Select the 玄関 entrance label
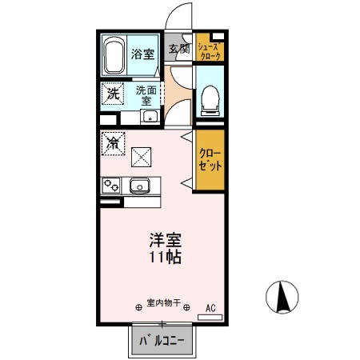tap(178, 48)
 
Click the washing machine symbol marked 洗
tap(113, 94)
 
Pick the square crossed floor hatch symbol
tap(142, 155)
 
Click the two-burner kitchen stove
tap(110, 186)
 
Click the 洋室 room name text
tap(163, 239)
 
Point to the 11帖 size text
tap(163, 258)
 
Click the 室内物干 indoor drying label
tap(163, 305)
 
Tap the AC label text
tap(211, 307)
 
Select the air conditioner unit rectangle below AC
tap(211, 318)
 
